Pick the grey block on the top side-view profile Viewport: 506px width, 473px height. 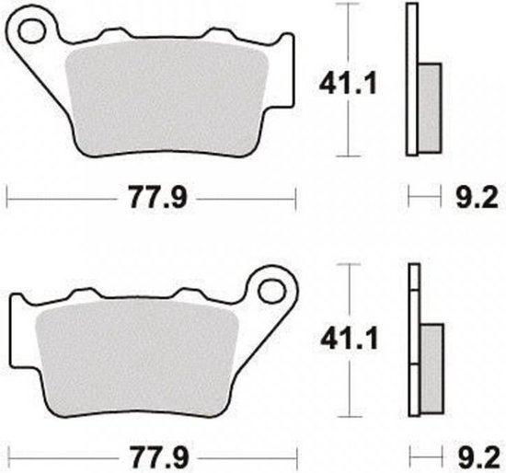[x=430, y=109]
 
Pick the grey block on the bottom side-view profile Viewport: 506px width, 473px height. [x=431, y=368]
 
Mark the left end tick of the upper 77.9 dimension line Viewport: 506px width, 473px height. [x=7, y=194]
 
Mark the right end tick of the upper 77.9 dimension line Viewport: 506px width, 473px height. [x=295, y=194]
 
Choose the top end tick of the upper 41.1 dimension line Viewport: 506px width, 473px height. [x=347, y=4]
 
